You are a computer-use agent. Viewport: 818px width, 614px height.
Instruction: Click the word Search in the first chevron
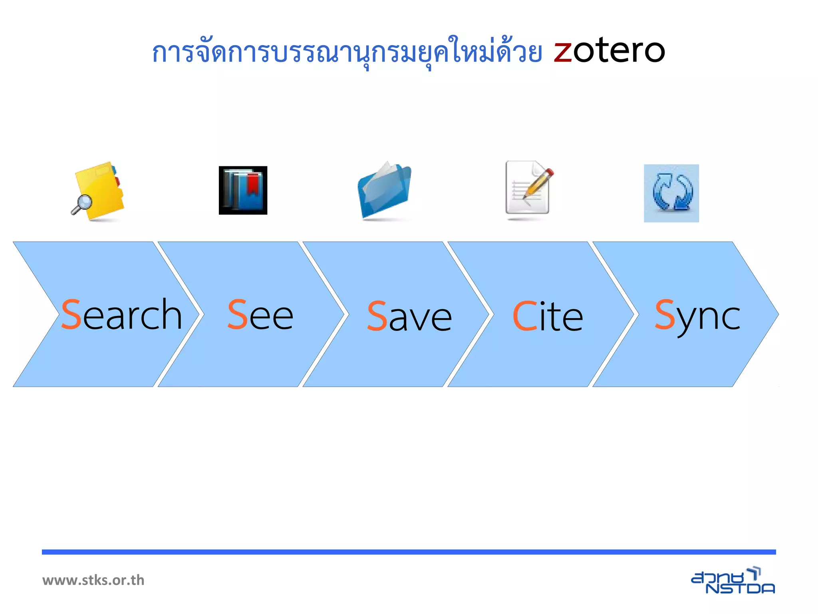coord(122,316)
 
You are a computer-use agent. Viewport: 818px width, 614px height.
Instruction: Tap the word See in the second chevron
coord(260,316)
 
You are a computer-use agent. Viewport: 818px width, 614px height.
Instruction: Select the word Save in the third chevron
coord(409,317)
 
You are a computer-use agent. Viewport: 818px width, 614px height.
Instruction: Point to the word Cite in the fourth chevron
coord(548,317)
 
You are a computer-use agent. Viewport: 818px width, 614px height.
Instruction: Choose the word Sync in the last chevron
coord(697,316)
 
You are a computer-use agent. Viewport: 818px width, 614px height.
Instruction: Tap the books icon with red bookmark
coord(243,190)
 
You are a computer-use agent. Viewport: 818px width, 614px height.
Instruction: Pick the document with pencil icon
coord(528,189)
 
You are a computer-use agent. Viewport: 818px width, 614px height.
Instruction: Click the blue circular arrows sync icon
coord(671,193)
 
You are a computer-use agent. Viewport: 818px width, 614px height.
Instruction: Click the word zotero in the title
coord(610,51)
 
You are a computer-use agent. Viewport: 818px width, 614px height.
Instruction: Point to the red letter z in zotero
coord(563,53)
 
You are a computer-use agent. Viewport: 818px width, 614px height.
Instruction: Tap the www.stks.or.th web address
coord(93,580)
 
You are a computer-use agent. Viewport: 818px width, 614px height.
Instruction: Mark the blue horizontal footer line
coord(409,552)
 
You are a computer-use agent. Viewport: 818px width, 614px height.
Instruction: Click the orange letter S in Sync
coord(665,315)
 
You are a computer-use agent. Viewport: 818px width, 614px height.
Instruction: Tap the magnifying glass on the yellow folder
coord(83,204)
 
